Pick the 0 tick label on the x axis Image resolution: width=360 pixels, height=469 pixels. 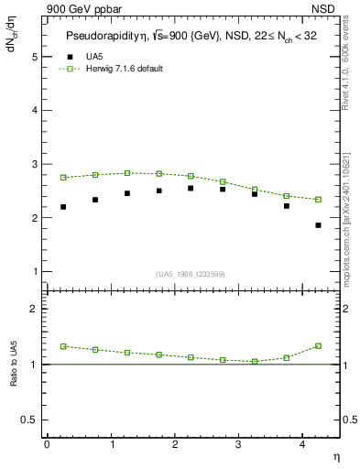(47, 444)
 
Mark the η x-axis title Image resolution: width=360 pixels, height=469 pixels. (334, 455)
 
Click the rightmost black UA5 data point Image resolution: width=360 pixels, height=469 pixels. (318, 225)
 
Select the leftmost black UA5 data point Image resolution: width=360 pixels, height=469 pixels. (63, 207)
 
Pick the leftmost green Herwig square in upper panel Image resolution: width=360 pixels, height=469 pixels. (63, 177)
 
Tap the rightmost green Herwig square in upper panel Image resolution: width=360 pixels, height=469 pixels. (318, 199)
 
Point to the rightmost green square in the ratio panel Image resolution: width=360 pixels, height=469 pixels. (318, 345)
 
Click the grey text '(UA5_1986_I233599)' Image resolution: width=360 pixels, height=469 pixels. (191, 273)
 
